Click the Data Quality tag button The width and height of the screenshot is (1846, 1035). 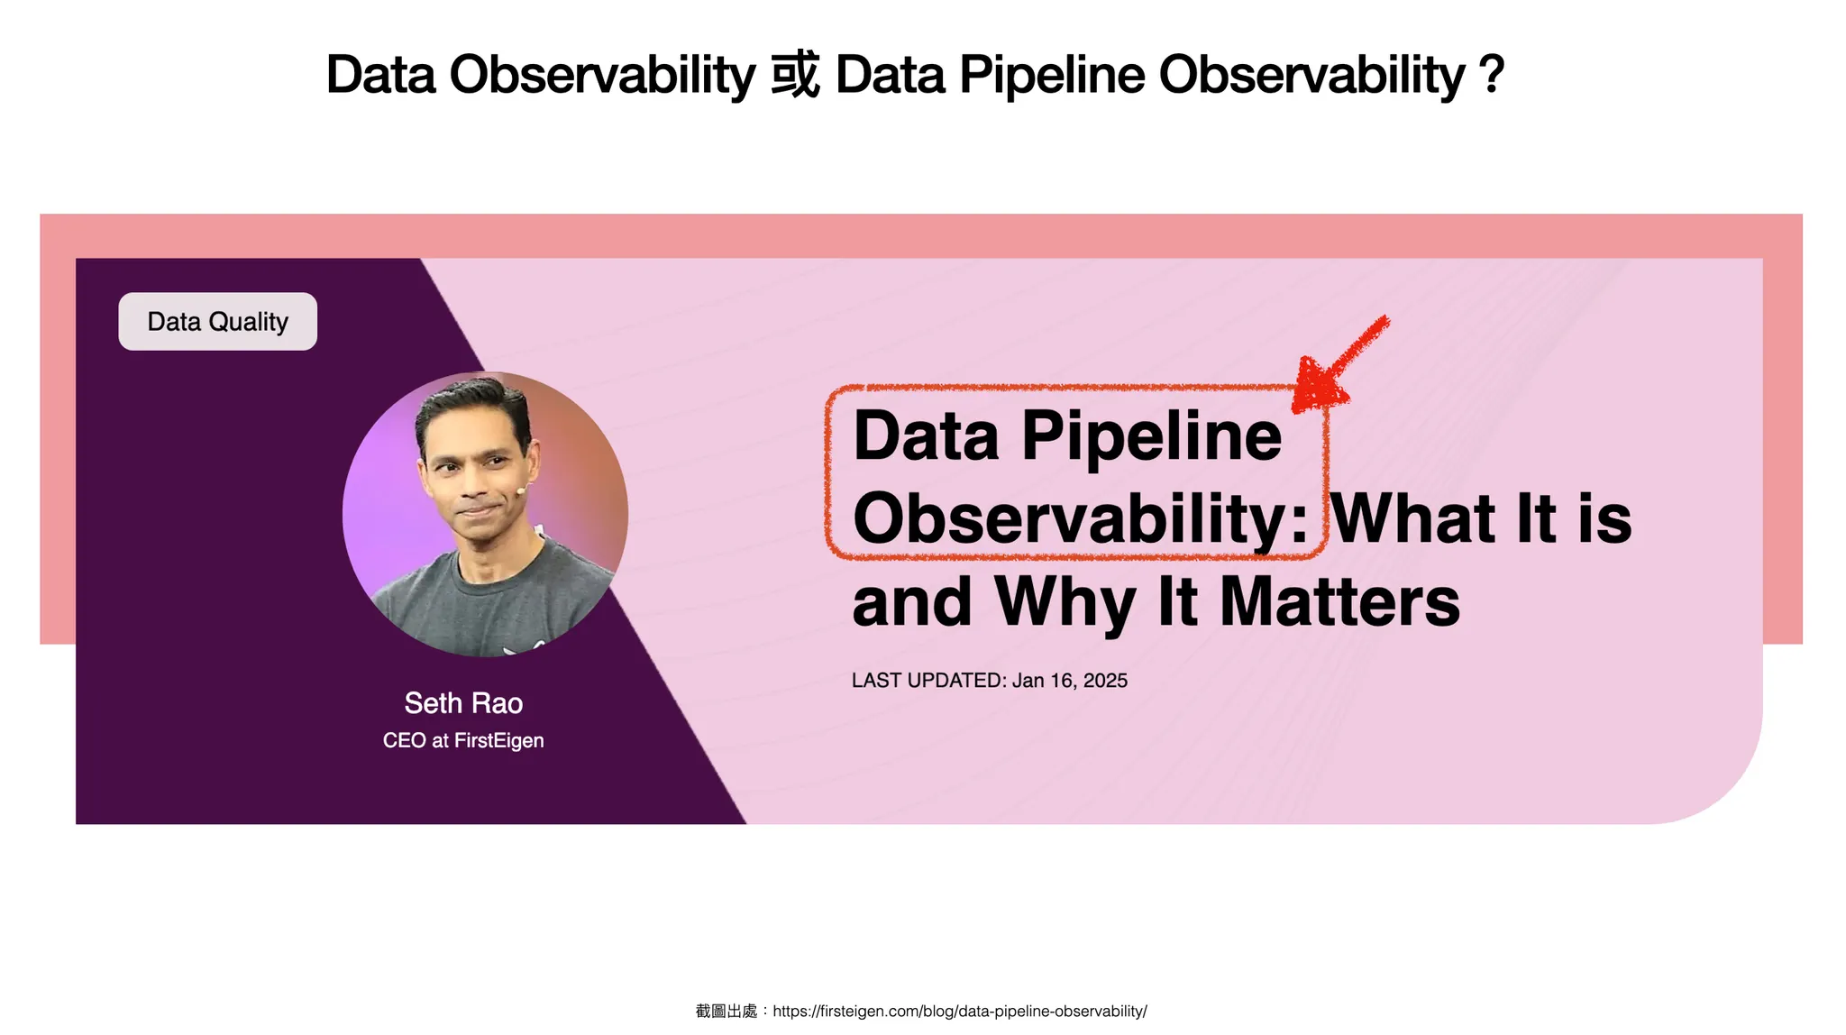point(217,321)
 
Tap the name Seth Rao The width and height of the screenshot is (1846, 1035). point(463,703)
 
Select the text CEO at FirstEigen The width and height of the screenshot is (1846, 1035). point(463,740)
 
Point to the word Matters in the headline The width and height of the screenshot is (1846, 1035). point(1339,601)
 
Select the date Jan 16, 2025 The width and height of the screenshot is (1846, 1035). point(1070,681)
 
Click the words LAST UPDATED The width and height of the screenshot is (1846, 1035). point(928,681)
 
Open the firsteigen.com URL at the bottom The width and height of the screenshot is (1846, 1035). point(960,1012)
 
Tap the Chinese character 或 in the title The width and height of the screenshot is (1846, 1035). point(796,74)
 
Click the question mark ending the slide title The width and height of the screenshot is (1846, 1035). point(1492,74)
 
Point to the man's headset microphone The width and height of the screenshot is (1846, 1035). point(521,490)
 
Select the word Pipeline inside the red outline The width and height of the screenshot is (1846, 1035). point(1151,437)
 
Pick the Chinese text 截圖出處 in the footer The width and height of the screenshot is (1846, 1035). point(727,1012)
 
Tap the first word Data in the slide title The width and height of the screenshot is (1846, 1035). point(380,74)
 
